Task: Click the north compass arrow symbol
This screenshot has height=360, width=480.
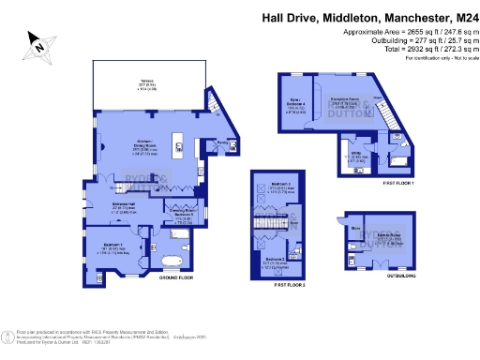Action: [39, 42]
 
